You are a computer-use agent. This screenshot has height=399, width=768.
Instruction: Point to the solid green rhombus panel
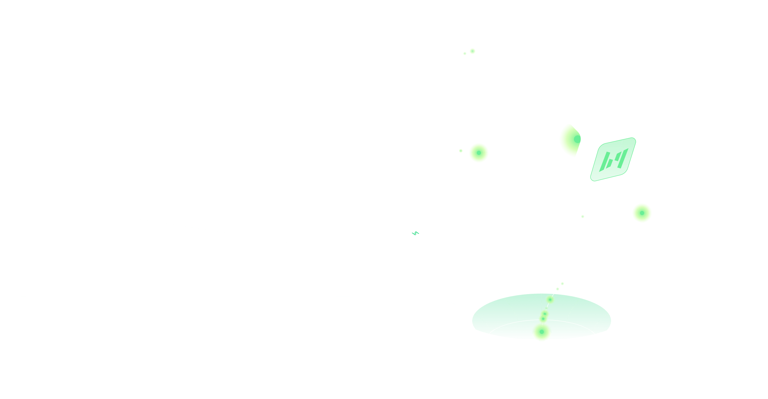click(613, 159)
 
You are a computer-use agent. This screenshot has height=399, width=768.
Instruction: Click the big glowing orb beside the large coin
click(478, 153)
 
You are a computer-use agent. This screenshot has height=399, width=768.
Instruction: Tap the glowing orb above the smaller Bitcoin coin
click(642, 213)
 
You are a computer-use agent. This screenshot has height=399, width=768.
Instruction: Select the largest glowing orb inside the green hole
click(541, 331)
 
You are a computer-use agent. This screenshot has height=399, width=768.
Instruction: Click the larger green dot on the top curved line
click(472, 51)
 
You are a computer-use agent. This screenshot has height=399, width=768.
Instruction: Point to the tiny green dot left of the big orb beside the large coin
click(461, 151)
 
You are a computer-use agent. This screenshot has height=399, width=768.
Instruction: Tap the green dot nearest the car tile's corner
click(562, 284)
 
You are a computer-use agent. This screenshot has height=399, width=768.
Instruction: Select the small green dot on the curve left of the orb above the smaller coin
click(583, 217)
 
